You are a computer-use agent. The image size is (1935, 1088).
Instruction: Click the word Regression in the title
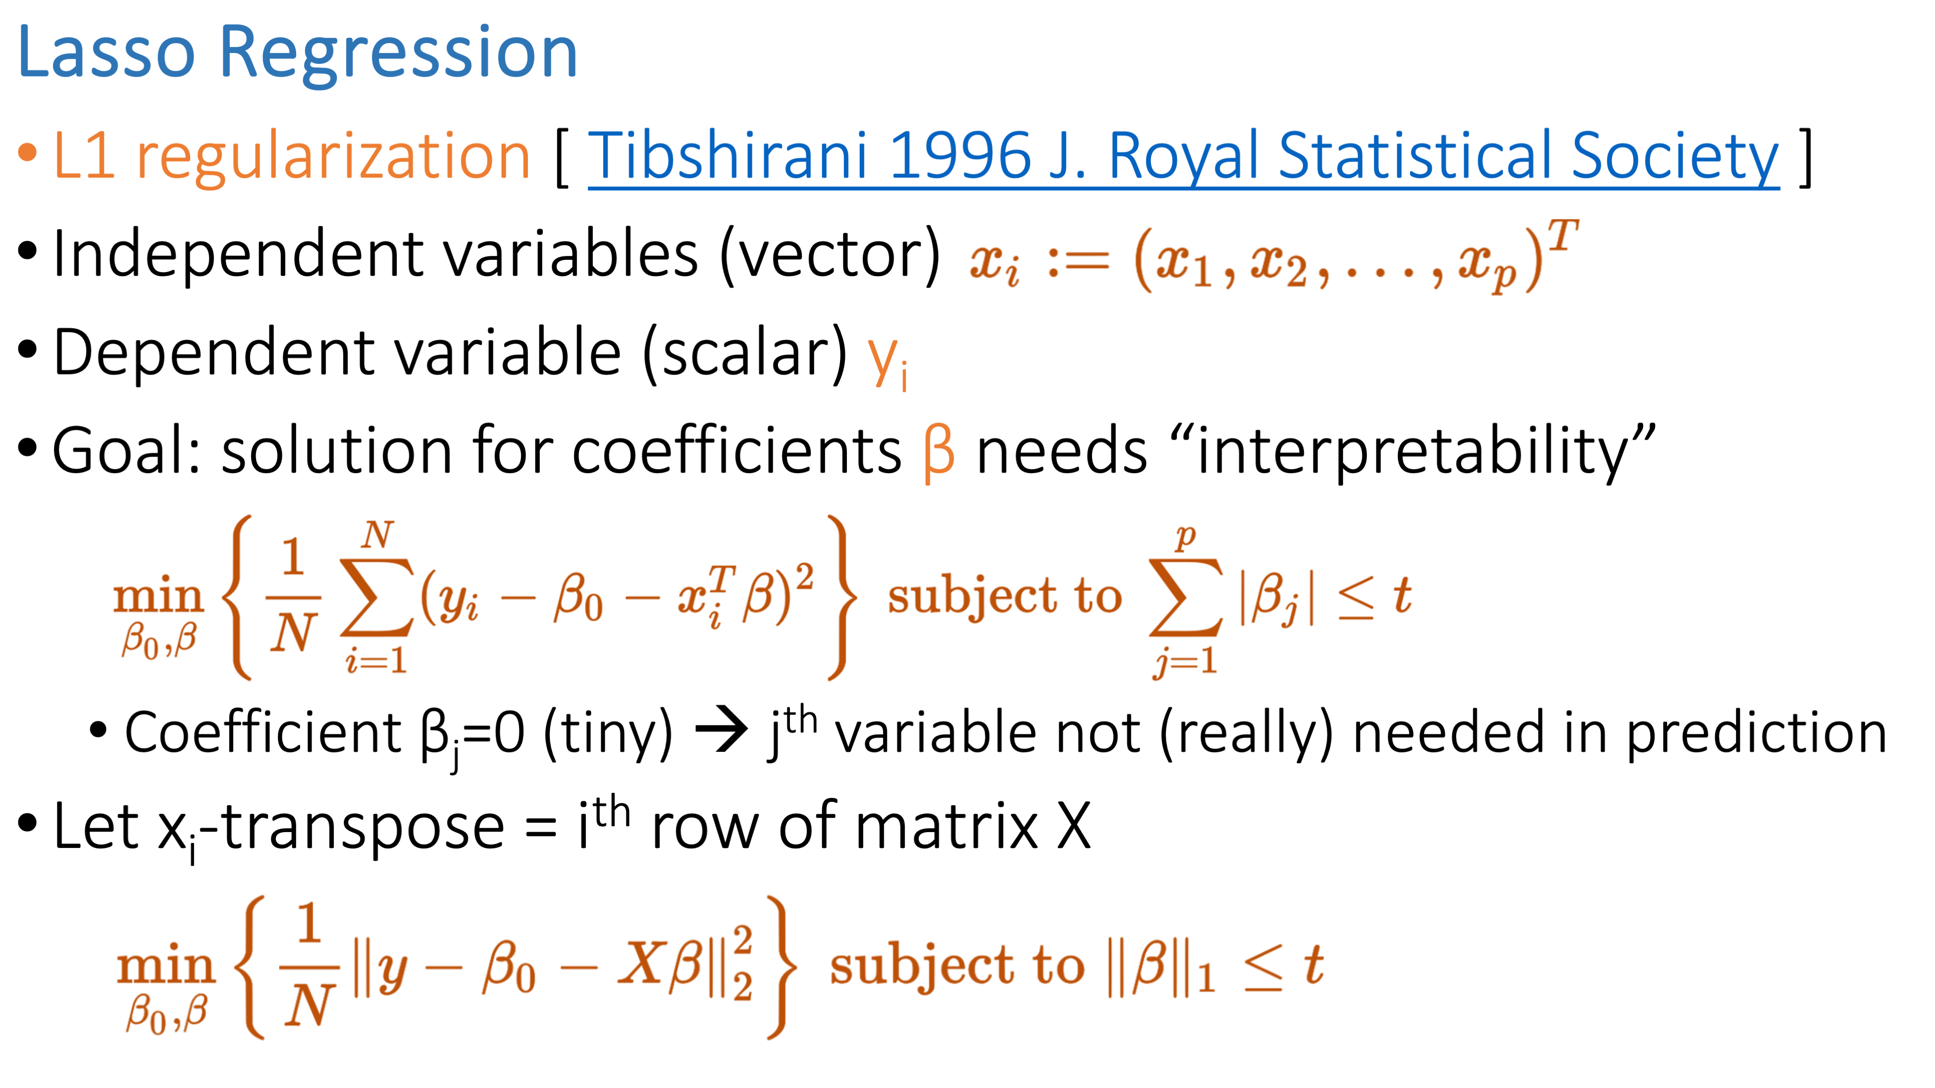tap(398, 57)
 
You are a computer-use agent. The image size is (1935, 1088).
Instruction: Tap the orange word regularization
tap(333, 158)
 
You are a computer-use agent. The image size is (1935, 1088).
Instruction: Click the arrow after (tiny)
tap(721, 730)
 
